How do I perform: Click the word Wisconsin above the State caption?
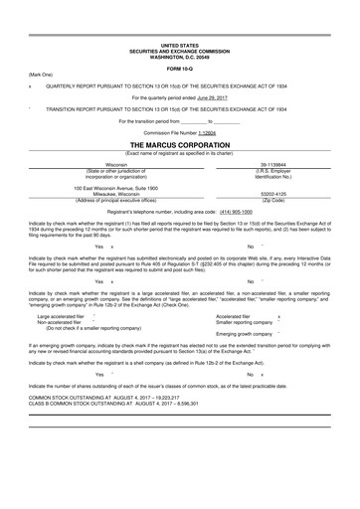(x=116, y=165)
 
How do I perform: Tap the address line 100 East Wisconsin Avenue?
(x=116, y=188)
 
